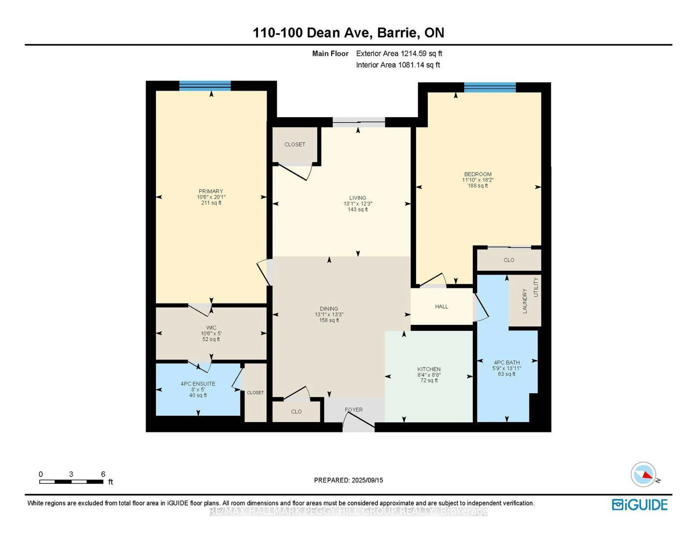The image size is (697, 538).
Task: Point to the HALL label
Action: [441, 307]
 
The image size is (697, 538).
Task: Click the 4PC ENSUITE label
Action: [198, 384]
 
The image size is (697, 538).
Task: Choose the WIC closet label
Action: [211, 328]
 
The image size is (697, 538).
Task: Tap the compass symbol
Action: [643, 474]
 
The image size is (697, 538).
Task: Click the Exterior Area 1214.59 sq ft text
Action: [399, 54]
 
